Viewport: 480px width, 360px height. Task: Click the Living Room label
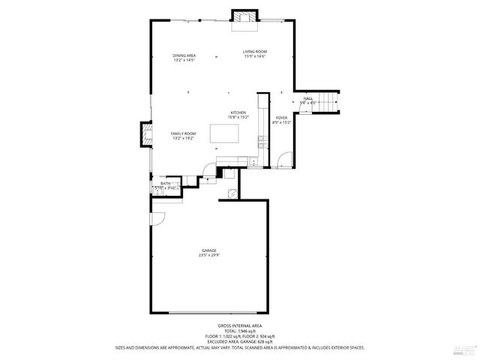(254, 52)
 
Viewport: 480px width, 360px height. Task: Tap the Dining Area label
(184, 56)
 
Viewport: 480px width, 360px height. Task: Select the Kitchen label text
(238, 112)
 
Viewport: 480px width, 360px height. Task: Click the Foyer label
(280, 118)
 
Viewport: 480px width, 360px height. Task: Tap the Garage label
(208, 250)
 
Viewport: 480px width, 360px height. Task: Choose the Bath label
(165, 183)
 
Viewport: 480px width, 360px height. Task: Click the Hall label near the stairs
(308, 98)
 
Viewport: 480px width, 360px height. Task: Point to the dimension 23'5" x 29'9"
(208, 256)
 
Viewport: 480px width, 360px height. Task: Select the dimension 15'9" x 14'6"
(254, 56)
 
